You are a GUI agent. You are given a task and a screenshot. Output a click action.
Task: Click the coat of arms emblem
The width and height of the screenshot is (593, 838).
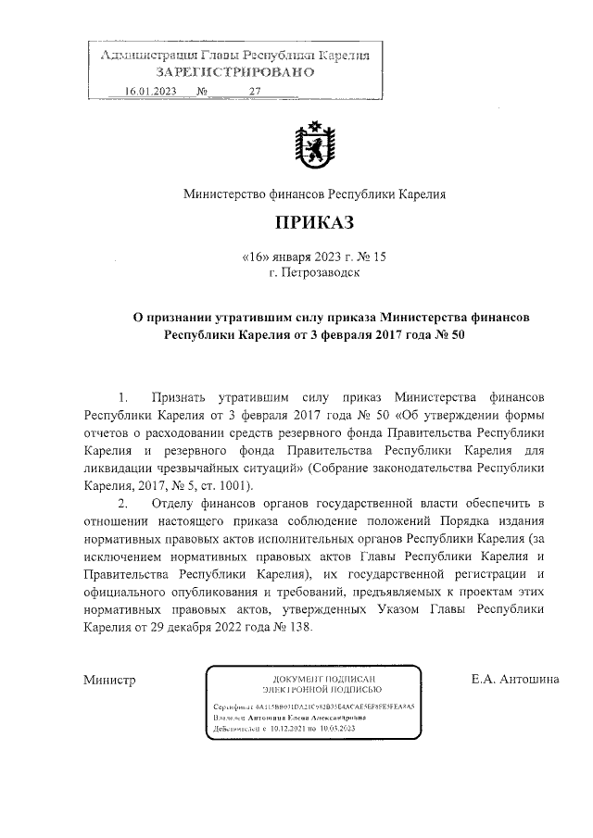[x=313, y=147]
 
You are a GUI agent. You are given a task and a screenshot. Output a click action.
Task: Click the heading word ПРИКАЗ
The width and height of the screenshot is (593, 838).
[x=313, y=223]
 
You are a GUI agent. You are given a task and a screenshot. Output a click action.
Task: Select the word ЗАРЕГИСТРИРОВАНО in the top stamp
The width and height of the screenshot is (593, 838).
[x=234, y=71]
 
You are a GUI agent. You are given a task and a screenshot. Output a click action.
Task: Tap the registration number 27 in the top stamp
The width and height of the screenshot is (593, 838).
[x=257, y=91]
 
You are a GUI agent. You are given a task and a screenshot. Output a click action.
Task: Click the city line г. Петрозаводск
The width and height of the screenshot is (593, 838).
[x=313, y=273]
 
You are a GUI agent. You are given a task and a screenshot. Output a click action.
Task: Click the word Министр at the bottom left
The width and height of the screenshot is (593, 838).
[x=110, y=681]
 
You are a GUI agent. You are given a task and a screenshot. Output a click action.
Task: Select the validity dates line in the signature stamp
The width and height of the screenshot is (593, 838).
[x=289, y=730]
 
